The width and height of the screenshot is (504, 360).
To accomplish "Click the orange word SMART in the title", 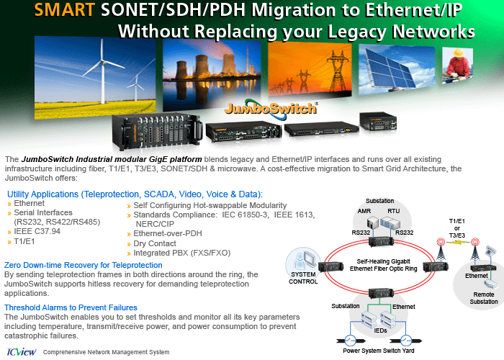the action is click(x=65, y=10).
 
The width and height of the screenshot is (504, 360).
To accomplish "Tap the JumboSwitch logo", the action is click(x=271, y=108).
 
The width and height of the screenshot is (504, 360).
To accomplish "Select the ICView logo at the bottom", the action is click(x=22, y=351).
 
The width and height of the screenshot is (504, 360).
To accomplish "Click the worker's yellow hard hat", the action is click(x=458, y=53).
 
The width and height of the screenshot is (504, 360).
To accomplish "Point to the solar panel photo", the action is click(x=396, y=69).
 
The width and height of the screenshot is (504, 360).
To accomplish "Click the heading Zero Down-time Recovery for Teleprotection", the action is click(x=84, y=265).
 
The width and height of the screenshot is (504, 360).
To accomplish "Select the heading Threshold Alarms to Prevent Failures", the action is click(x=71, y=307).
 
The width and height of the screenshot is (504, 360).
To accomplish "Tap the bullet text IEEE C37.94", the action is click(x=37, y=231).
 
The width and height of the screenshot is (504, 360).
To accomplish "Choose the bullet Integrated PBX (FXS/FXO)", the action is click(x=182, y=253).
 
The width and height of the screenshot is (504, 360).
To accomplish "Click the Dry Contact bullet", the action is click(x=155, y=243).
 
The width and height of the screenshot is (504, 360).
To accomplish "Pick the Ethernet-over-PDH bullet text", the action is click(x=168, y=233).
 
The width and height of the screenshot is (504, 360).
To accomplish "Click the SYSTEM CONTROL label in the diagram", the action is click(x=303, y=278).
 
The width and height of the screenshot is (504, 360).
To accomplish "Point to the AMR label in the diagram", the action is click(x=364, y=211).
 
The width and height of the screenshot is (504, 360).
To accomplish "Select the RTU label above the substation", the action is click(x=393, y=211).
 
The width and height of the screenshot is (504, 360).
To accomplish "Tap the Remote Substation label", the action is click(x=484, y=298).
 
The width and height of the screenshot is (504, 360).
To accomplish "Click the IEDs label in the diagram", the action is click(x=380, y=330).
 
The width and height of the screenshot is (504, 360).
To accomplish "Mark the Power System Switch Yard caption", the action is click(x=378, y=351).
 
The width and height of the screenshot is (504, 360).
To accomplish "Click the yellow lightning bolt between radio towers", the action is click(x=458, y=242).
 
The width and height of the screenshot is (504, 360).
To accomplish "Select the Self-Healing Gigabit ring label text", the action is click(x=383, y=265).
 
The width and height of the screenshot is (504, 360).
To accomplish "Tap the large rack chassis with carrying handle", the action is click(x=157, y=132).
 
